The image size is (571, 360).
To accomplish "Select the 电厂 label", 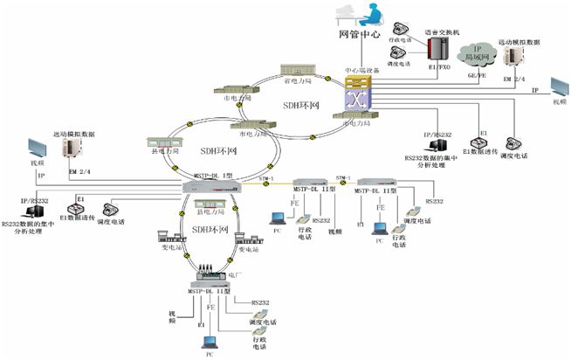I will pyautogui.click(x=234, y=273).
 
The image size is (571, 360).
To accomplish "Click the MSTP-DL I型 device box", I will pyautogui.click(x=210, y=186).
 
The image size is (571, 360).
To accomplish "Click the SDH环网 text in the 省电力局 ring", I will pyautogui.click(x=299, y=107).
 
